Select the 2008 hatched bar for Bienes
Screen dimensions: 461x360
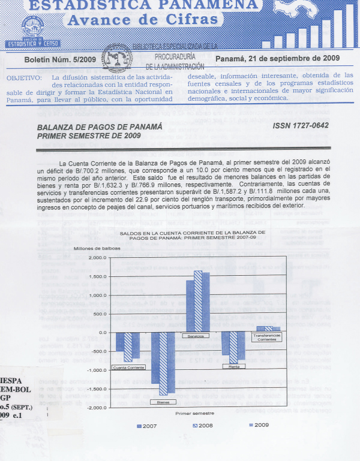tap(162, 365)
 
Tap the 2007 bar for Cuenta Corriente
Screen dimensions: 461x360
tap(120, 342)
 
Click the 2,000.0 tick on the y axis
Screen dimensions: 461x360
tap(97, 258)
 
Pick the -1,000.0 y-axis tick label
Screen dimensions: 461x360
tap(95, 370)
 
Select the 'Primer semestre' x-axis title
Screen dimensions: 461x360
tap(194, 414)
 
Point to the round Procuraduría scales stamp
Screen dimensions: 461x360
tap(118, 61)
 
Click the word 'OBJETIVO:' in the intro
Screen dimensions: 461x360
tap(24, 78)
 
